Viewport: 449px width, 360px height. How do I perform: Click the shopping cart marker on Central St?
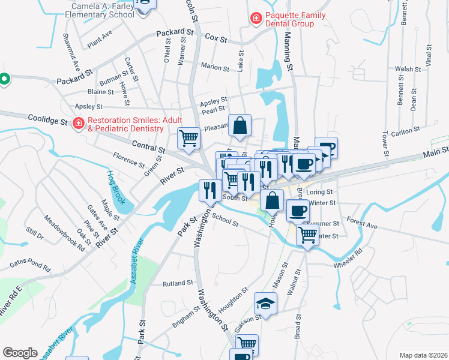click(188, 138)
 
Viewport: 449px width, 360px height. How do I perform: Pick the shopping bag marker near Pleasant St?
click(239, 126)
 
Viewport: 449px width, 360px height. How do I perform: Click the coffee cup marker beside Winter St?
click(298, 210)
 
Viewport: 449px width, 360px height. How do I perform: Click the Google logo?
click(20, 353)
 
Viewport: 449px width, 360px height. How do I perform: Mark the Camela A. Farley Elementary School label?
click(98, 10)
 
